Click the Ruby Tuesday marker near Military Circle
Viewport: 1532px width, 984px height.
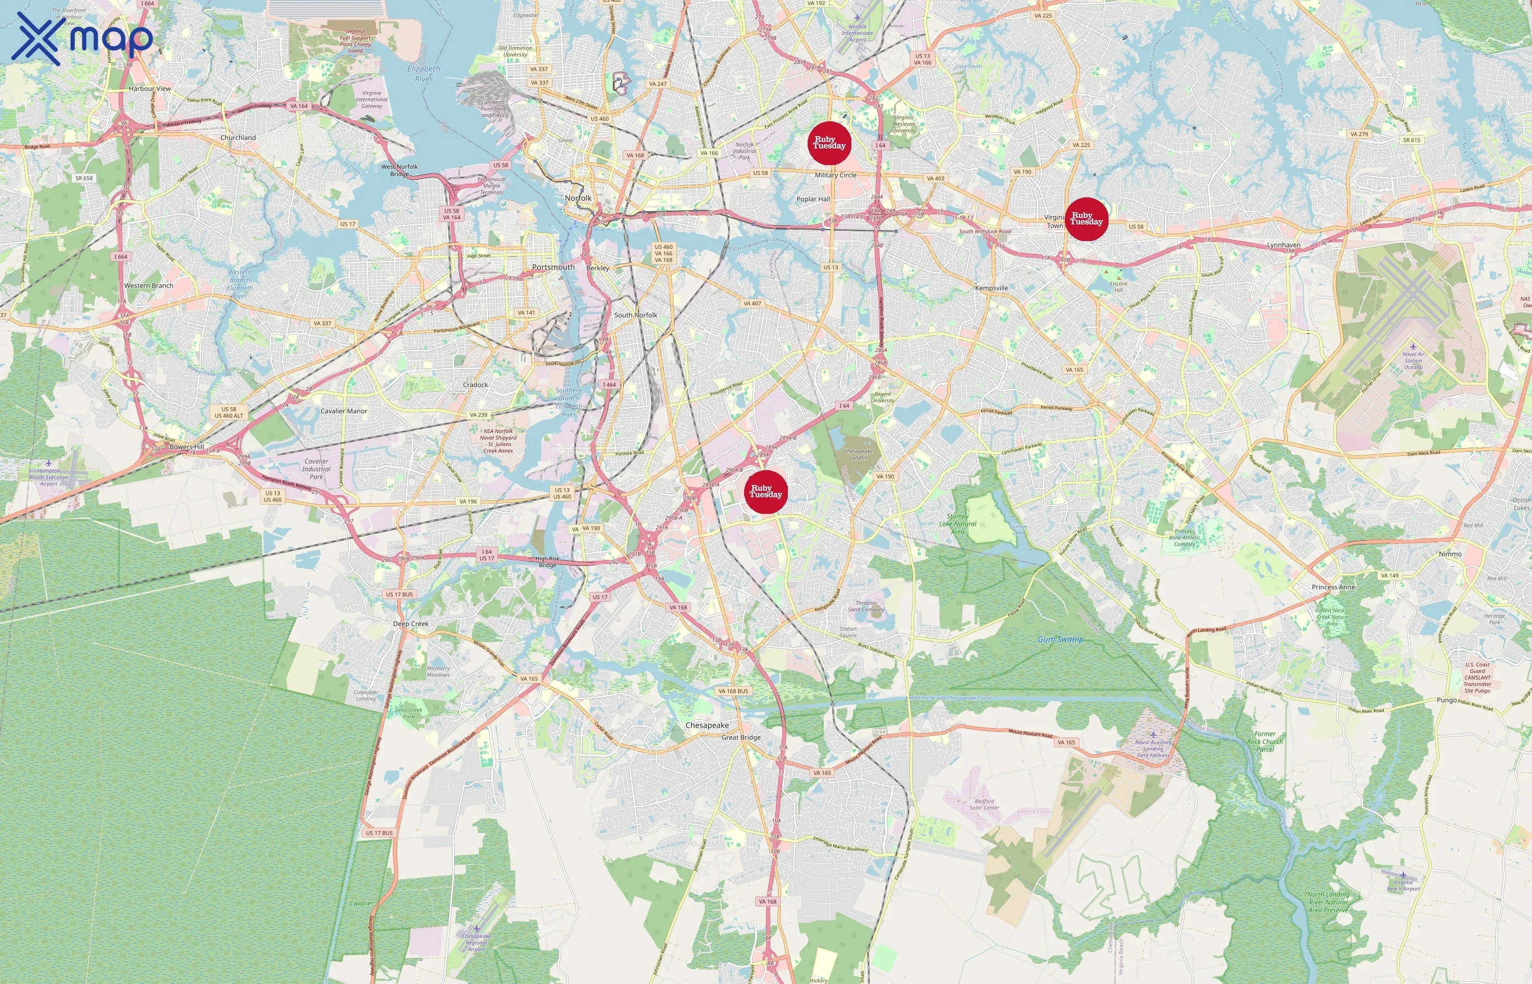(829, 143)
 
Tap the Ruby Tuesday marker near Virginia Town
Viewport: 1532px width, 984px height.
(1086, 219)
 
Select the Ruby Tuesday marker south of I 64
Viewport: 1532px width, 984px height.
(765, 491)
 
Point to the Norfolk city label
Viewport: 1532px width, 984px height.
(578, 198)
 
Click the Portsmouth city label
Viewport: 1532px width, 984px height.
(553, 267)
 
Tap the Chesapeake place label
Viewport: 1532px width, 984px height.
(706, 725)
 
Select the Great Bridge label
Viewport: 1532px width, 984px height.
(741, 737)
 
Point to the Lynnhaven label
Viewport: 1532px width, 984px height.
(1283, 245)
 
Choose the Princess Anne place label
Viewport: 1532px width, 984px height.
(1333, 587)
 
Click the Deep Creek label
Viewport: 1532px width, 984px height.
(410, 624)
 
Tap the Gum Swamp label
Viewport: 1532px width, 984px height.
(1060, 639)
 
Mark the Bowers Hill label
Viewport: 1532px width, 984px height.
(187, 447)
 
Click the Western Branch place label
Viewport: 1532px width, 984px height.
(148, 285)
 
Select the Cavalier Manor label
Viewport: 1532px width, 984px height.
(344, 411)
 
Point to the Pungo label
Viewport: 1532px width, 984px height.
(1446, 700)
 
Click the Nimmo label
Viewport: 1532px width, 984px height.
(1449, 554)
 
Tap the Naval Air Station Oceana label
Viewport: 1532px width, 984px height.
(1413, 360)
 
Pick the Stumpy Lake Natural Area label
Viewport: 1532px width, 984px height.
(957, 524)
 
